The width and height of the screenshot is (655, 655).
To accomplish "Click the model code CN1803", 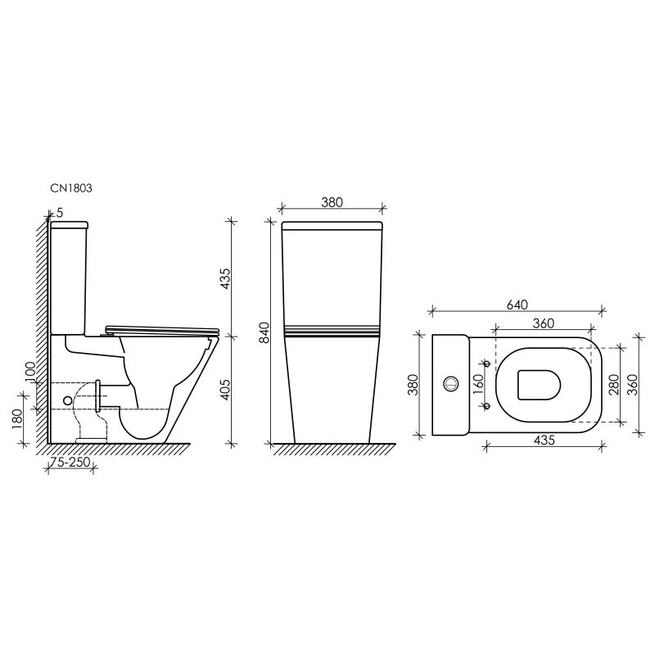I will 71,187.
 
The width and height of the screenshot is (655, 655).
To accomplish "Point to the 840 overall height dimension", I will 263,332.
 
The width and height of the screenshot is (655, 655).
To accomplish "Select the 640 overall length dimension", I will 517,303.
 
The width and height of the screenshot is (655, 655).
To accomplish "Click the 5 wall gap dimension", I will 60,213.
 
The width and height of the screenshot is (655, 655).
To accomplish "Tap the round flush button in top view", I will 449,383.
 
